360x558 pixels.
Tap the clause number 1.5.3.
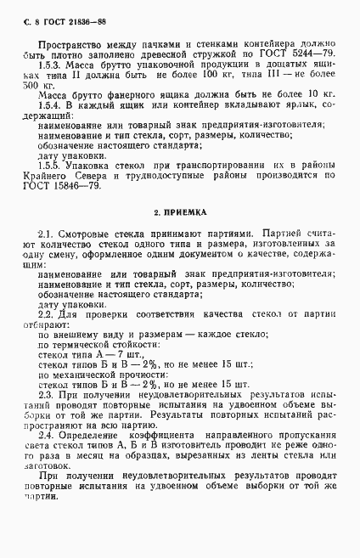click(53, 65)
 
